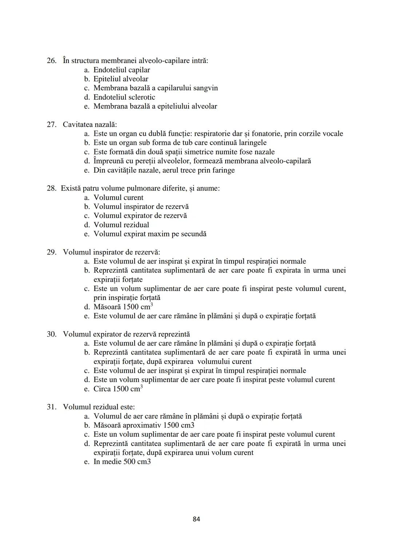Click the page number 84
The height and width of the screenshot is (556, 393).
(x=196, y=519)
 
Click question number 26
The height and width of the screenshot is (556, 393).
(x=51, y=60)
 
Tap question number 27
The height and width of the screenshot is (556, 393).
(x=51, y=125)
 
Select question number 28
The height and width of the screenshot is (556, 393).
(x=51, y=188)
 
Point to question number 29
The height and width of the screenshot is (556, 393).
(x=51, y=252)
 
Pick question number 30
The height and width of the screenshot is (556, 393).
(x=51, y=334)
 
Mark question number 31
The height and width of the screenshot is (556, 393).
(x=51, y=407)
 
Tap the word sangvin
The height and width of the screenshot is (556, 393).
(x=205, y=88)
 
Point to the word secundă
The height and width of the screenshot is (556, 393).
(x=194, y=234)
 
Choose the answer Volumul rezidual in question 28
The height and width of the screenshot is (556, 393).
(x=121, y=225)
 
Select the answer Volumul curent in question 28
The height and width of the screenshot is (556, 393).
(x=118, y=197)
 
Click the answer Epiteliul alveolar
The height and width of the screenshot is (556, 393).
(x=121, y=79)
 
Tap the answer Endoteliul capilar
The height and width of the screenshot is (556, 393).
(x=122, y=70)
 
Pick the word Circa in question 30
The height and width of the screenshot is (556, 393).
(x=102, y=389)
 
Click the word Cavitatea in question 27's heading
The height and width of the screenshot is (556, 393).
(x=78, y=125)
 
